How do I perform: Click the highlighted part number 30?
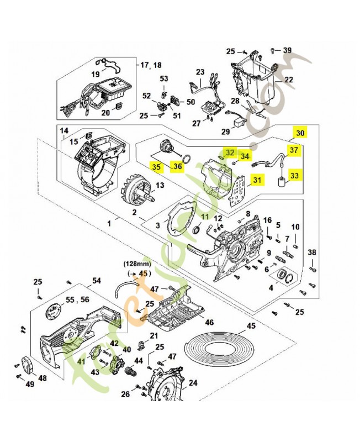tap(300, 133)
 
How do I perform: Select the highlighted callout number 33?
tap(295, 175)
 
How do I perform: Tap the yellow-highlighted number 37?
tap(294, 150)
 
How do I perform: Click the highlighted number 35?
tap(157, 166)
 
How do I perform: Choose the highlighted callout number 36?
tap(177, 166)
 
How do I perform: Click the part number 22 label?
tap(288, 80)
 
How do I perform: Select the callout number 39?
tap(287, 50)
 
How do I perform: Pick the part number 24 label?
tap(193, 382)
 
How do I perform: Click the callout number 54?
tap(97, 281)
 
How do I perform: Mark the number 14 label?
tap(64, 130)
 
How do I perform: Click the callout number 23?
tap(200, 72)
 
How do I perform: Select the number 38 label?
tap(313, 252)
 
